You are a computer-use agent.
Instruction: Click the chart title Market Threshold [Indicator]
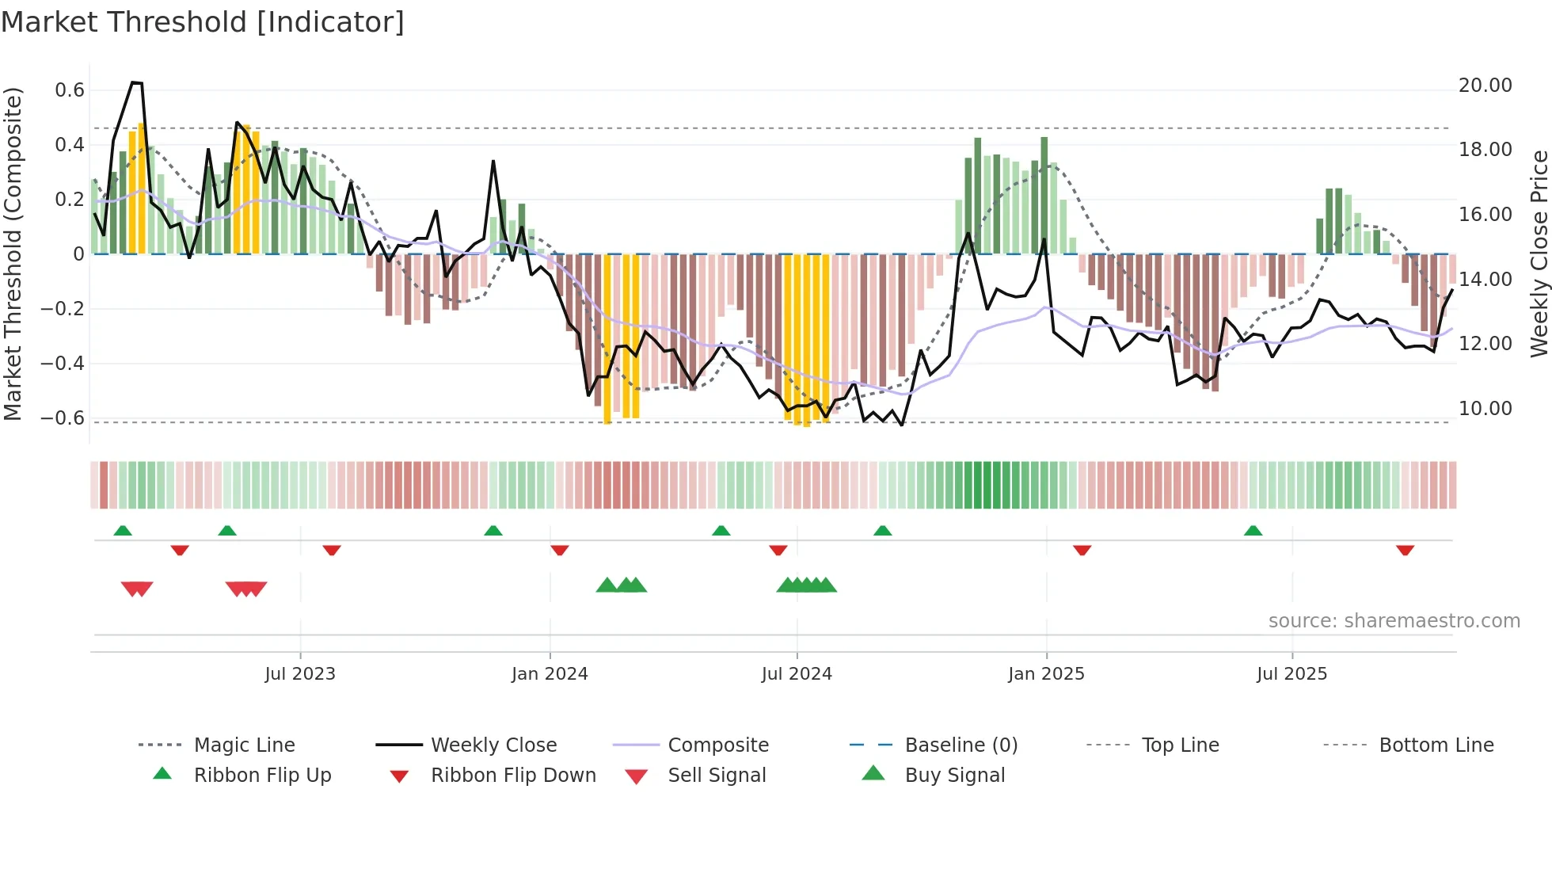tap(203, 22)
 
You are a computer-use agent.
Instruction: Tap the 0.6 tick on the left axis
tap(70, 90)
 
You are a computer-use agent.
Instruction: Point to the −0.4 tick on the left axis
tap(63, 364)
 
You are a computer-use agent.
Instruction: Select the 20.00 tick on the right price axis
tap(1485, 86)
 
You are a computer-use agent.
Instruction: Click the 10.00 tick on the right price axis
tap(1485, 409)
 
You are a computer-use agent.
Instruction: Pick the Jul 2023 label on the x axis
tap(300, 674)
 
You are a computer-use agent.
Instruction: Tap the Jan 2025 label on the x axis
tap(1046, 674)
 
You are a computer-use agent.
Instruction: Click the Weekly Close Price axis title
tap(1539, 254)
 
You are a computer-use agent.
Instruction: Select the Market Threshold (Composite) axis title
tap(13, 254)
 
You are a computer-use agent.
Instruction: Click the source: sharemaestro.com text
tap(1394, 621)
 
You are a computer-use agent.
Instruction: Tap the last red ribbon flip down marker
tap(1405, 551)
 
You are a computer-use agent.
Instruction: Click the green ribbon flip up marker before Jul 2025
tap(1253, 531)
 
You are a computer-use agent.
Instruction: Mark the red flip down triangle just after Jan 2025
tap(1082, 551)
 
